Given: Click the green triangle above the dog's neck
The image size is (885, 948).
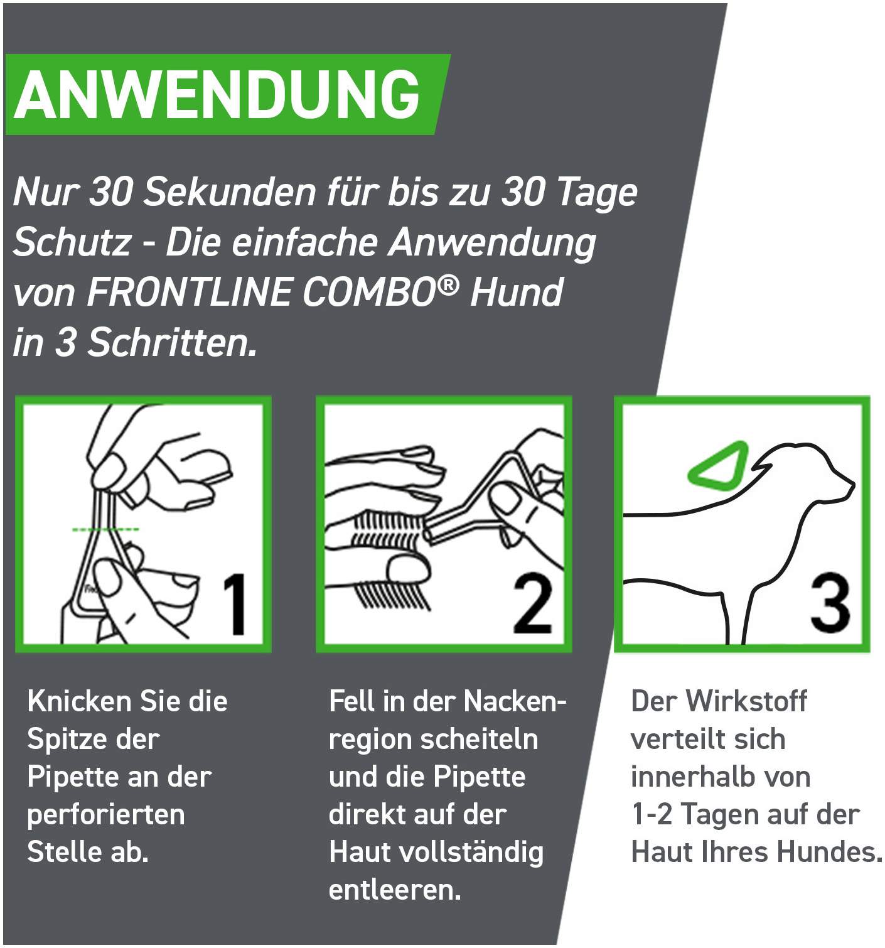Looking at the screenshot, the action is [716, 468].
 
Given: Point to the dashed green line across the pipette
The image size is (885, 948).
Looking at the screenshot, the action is [105, 529].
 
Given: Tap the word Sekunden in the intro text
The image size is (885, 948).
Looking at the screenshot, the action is [230, 192].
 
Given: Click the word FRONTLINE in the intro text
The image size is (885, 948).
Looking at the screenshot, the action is [189, 292].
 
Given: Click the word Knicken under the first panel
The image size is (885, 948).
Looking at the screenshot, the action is [78, 702].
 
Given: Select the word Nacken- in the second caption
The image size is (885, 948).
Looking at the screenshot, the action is [515, 702].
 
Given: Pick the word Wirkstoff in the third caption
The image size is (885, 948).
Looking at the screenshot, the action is [746, 702].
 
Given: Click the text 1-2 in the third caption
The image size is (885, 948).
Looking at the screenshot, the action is [652, 815].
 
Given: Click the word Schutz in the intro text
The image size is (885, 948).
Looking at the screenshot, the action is [72, 242].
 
